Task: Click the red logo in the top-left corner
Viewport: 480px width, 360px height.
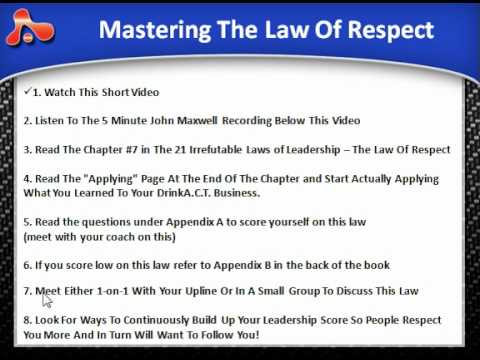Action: click(x=30, y=30)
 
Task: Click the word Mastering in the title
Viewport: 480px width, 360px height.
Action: click(x=149, y=30)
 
